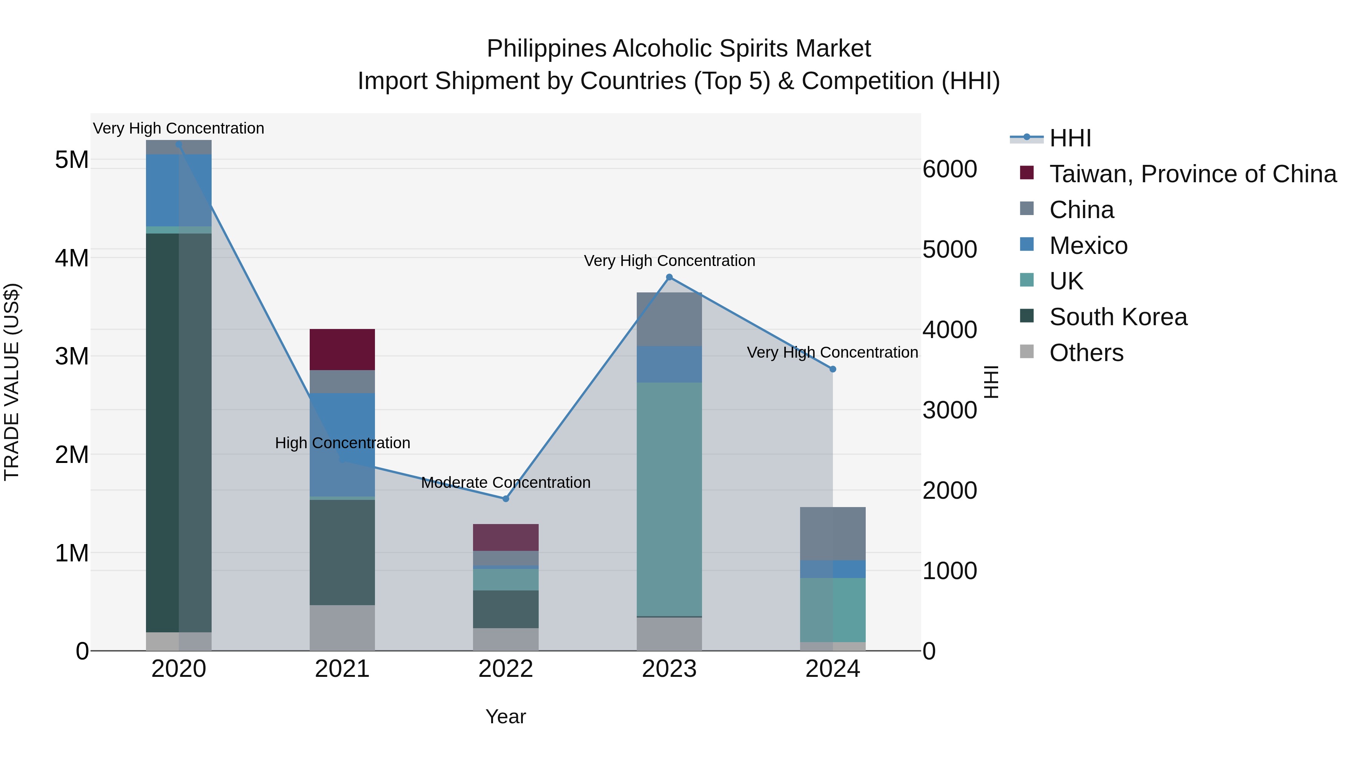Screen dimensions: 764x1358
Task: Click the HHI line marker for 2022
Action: pos(505,499)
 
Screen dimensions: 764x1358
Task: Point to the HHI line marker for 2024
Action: pos(833,369)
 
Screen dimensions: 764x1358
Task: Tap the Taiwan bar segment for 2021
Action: pos(342,350)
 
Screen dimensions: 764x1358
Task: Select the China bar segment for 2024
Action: pos(833,533)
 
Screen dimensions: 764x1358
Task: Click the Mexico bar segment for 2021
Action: pos(342,444)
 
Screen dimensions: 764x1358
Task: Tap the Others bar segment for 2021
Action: pos(342,627)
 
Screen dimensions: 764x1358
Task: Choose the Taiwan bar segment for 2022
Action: pos(505,537)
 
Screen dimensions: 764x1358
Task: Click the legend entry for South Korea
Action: pos(1118,317)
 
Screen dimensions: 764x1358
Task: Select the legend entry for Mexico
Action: pos(1088,246)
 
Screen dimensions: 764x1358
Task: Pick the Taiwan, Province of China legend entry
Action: pos(1192,174)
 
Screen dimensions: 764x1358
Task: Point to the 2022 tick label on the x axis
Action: pos(505,669)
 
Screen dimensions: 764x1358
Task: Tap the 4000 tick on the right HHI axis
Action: pos(949,330)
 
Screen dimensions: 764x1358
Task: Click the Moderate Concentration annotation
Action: pos(505,483)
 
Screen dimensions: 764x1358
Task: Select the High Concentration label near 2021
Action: pos(342,443)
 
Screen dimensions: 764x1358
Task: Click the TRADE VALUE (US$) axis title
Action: pos(12,382)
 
